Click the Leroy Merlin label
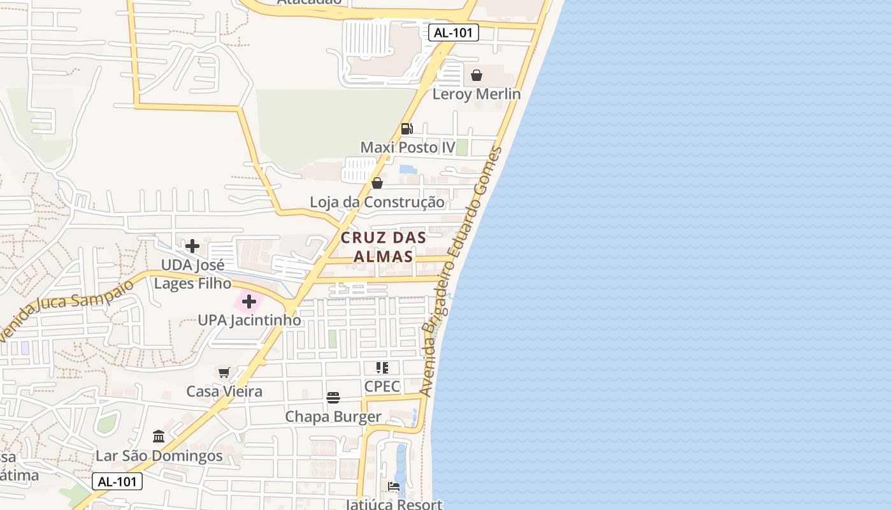477,94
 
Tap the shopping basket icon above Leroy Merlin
477,75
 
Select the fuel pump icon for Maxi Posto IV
406,129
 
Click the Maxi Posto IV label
408,148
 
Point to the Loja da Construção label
377,203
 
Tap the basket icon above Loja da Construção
377,183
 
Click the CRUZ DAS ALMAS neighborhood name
383,247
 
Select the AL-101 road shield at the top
454,33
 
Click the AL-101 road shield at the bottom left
117,482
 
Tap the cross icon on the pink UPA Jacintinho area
249,301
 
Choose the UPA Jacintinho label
249,320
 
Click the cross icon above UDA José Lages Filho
192,245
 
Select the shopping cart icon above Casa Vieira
224,372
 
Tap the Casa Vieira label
224,391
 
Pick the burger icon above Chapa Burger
333,398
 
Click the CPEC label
382,386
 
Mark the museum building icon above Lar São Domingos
159,437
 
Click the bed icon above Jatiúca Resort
394,486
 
